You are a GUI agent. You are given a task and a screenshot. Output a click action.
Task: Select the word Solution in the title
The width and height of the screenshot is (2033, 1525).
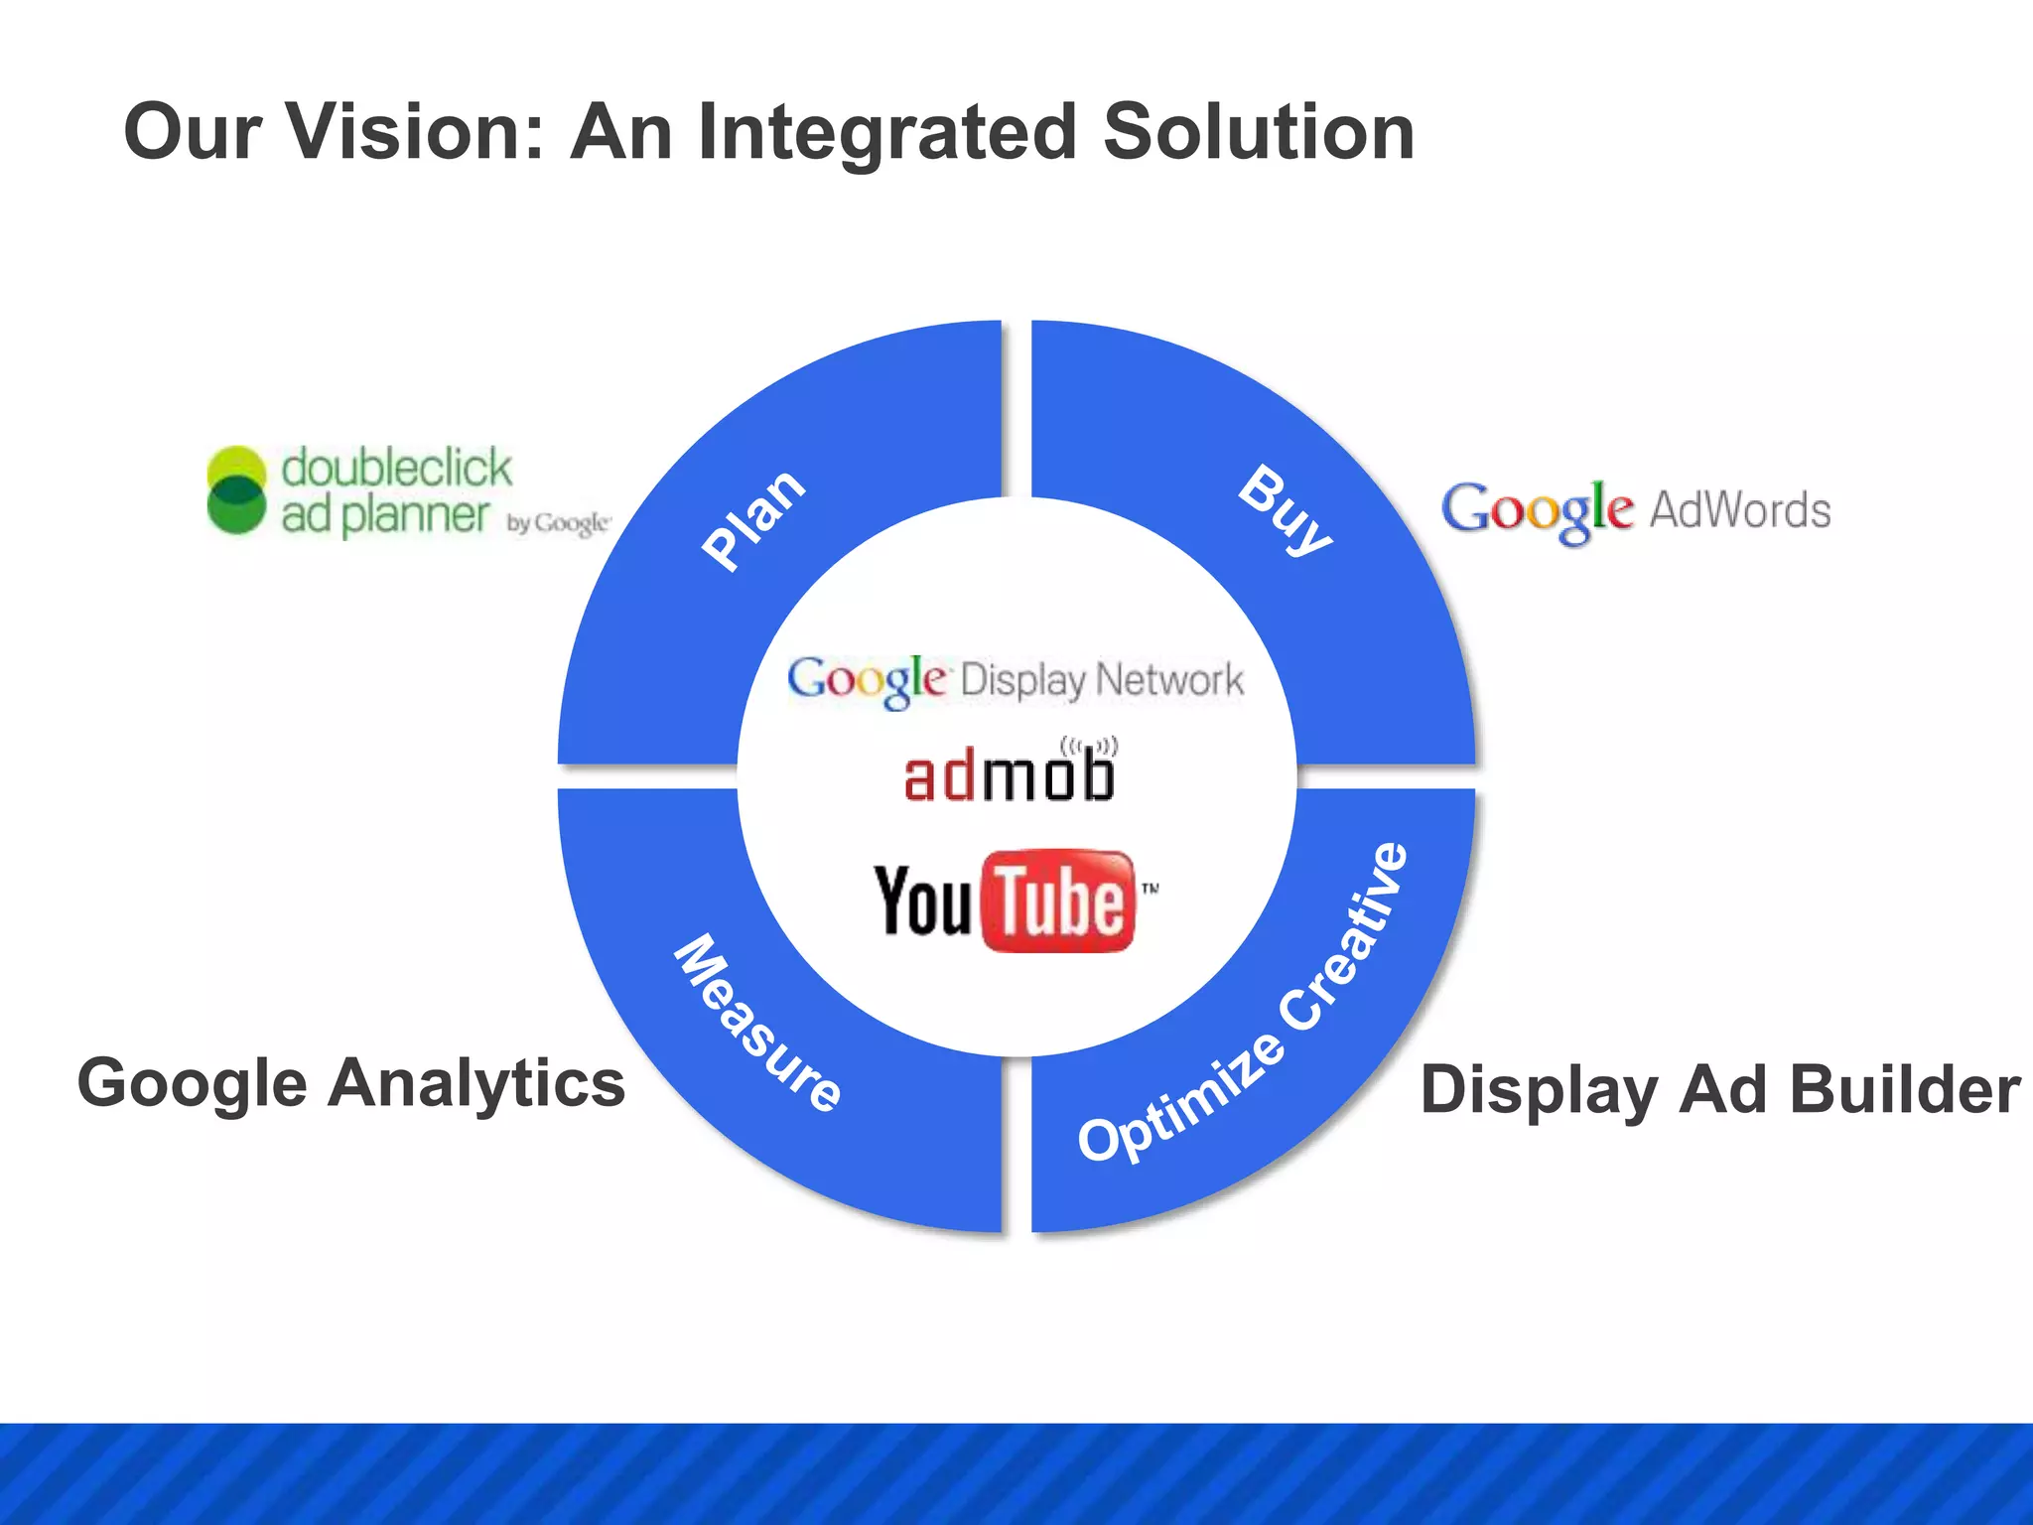(1258, 132)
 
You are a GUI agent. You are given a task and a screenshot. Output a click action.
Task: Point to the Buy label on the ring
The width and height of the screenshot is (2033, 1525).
(1286, 510)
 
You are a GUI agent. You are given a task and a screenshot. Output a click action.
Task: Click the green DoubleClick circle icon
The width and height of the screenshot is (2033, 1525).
(236, 489)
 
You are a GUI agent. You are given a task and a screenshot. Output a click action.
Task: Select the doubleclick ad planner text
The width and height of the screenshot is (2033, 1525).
(394, 490)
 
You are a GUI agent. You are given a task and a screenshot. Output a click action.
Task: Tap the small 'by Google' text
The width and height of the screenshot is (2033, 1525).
(558, 523)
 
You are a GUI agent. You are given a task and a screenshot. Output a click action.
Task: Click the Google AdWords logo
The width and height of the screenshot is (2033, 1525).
(1635, 510)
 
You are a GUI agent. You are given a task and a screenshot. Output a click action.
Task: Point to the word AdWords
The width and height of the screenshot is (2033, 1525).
(1739, 510)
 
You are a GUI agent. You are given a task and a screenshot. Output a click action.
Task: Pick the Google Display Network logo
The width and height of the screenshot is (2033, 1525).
(1015, 681)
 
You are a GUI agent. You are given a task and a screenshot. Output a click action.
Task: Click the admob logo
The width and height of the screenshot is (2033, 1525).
(1009, 775)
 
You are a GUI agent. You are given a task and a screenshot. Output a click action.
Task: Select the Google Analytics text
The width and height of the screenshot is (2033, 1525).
(351, 1083)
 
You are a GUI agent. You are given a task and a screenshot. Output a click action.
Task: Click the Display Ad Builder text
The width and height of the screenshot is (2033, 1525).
(1719, 1090)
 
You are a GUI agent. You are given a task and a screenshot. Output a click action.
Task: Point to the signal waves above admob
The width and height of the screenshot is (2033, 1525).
(1089, 746)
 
